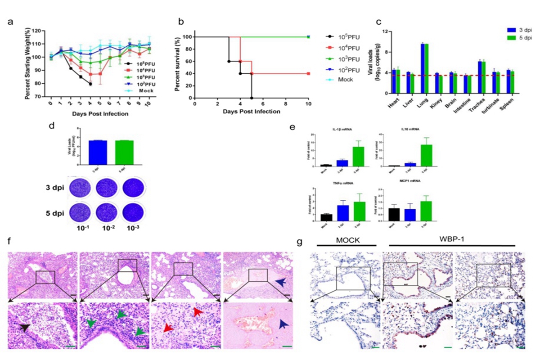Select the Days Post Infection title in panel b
(x=251, y=111)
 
